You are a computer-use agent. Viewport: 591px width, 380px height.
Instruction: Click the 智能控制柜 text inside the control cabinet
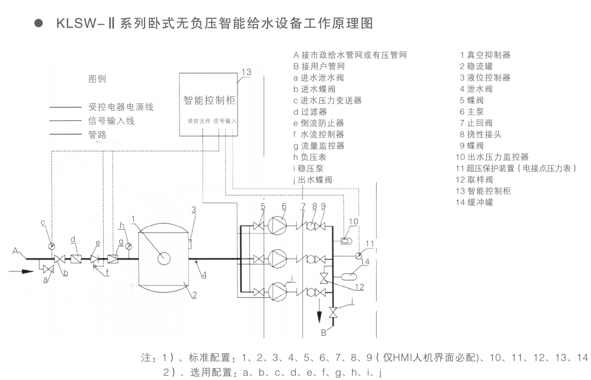(x=210, y=101)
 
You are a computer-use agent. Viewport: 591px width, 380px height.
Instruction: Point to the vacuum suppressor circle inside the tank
(x=163, y=259)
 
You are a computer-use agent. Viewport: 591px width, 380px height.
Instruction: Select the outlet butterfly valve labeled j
(x=333, y=312)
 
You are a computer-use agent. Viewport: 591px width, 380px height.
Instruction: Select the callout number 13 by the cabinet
(x=246, y=72)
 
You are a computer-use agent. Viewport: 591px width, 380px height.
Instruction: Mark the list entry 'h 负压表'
(x=310, y=157)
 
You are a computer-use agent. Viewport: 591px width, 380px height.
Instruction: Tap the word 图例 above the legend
(x=97, y=78)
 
